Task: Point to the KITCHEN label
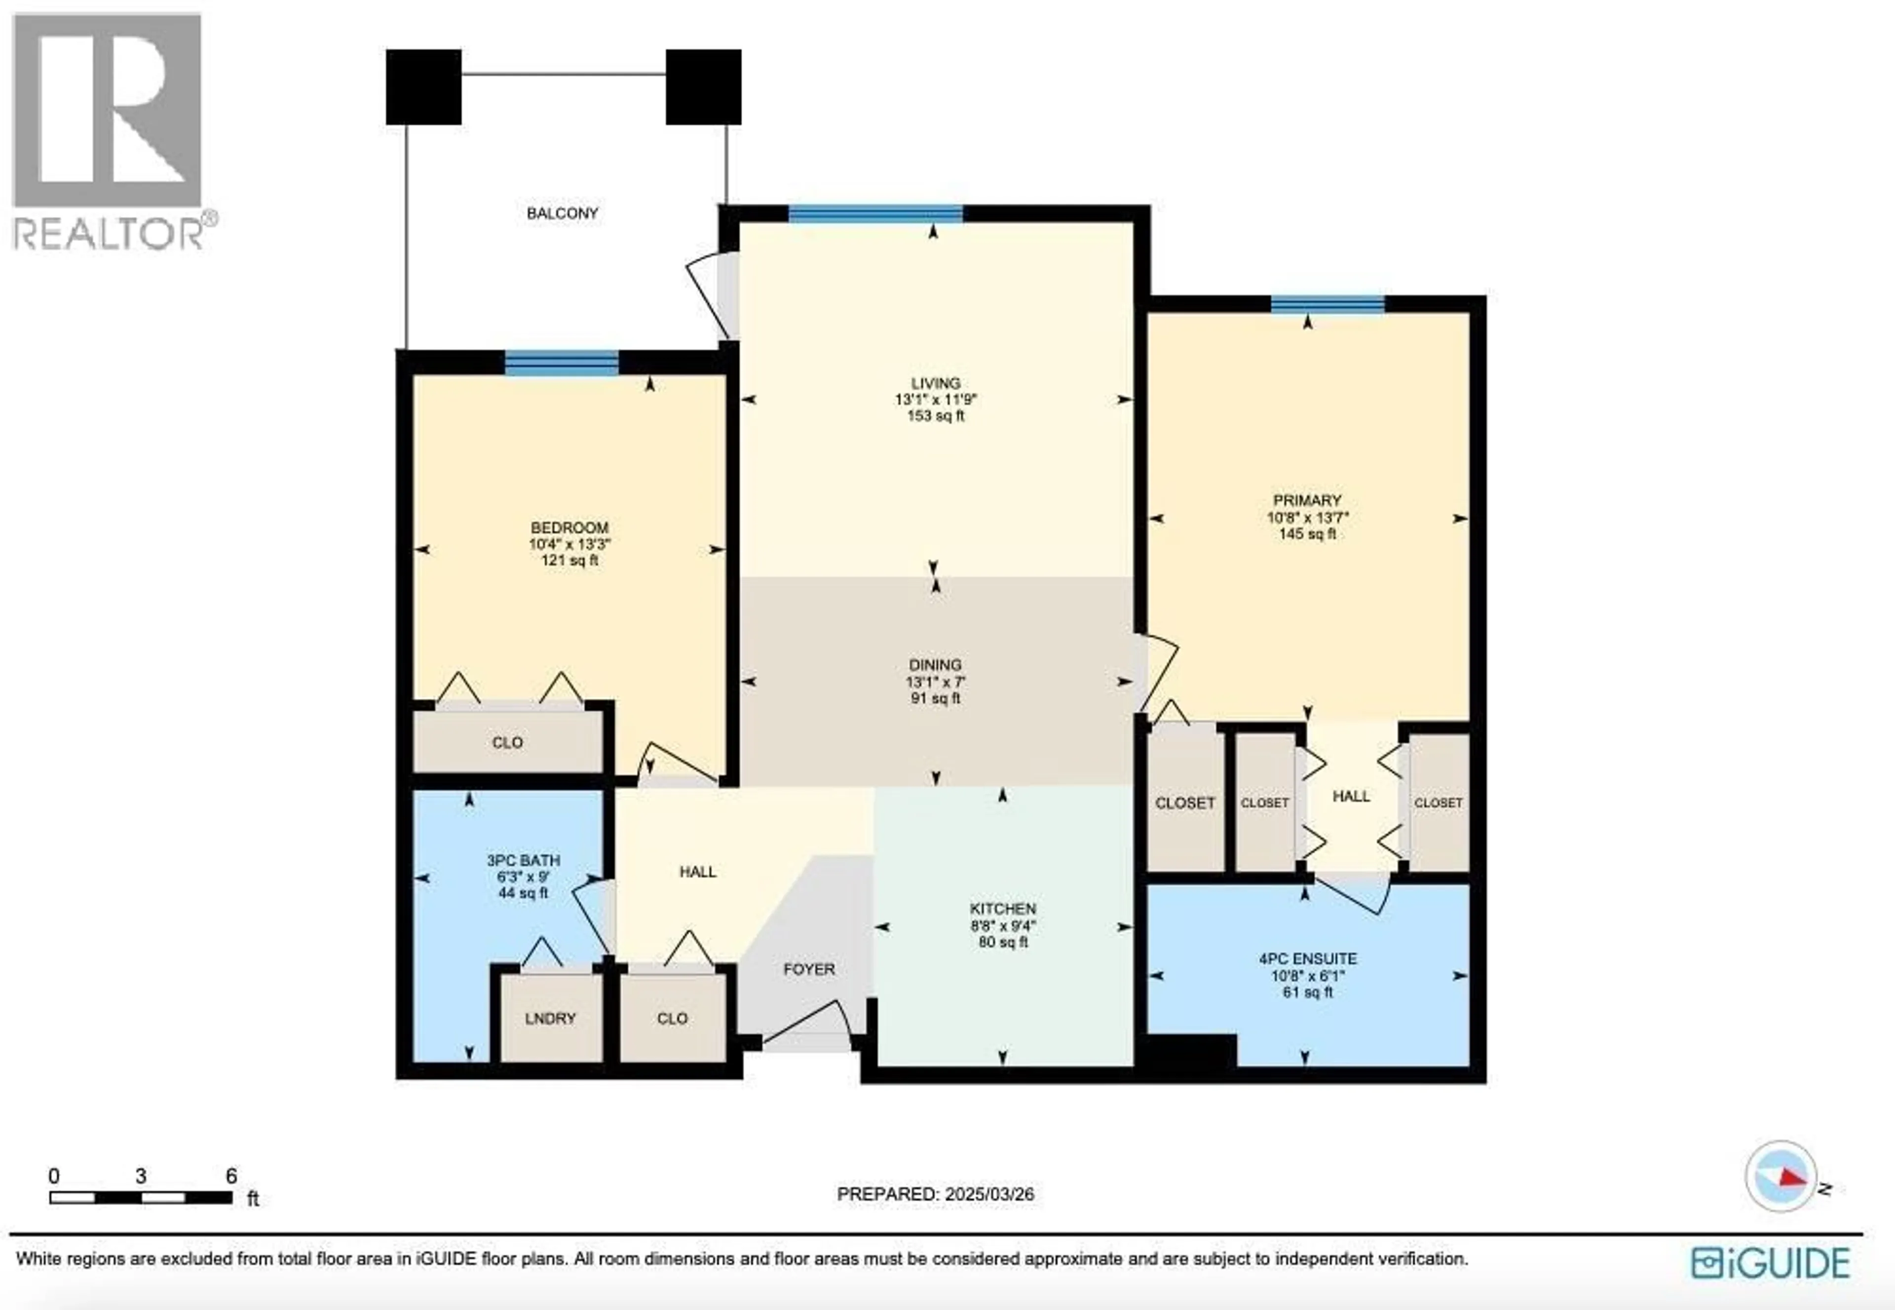pos(1002,909)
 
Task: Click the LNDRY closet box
pos(550,1018)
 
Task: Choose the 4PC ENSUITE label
pos(1307,959)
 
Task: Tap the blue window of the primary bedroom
pos(1327,304)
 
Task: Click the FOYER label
pos(809,969)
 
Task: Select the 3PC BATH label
pos(523,860)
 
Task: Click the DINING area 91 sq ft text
pos(935,698)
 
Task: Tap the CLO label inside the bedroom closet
pos(507,743)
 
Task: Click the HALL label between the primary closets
pos(1351,796)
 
